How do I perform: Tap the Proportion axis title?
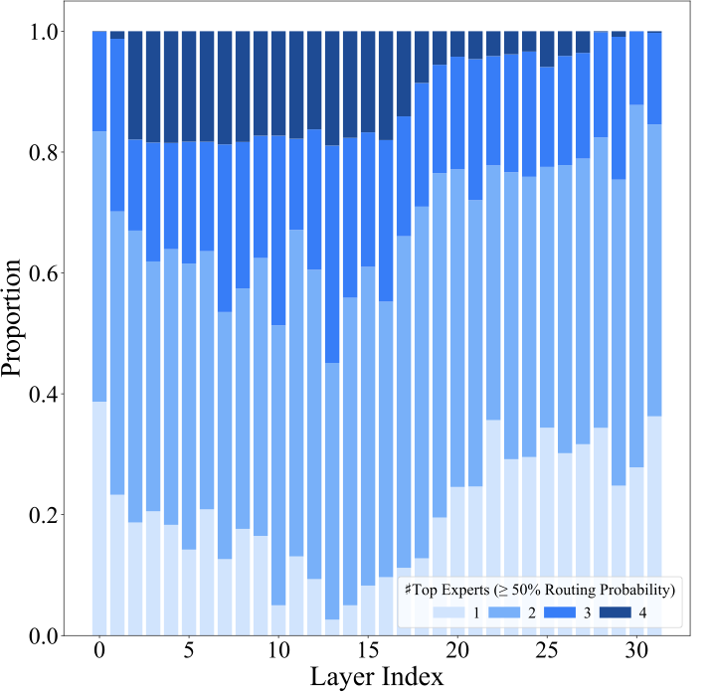point(14,318)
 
